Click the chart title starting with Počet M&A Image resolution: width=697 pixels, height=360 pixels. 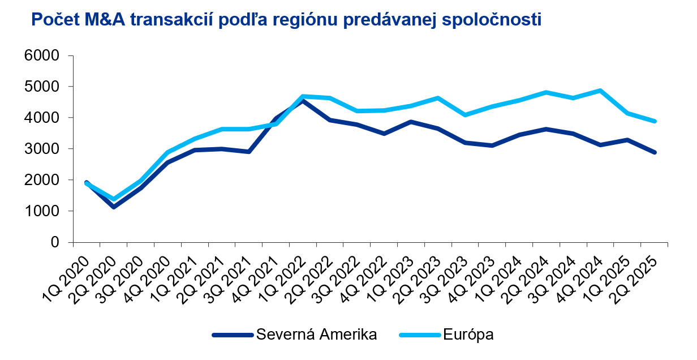tap(286, 20)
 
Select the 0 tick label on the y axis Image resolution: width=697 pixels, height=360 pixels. tap(55, 242)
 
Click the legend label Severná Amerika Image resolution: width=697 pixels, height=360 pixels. tap(316, 334)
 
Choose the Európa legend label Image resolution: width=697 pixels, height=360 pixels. tap(470, 334)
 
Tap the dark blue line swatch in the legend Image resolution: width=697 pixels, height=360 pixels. tap(231, 335)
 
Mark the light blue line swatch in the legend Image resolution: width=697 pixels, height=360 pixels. tap(419, 335)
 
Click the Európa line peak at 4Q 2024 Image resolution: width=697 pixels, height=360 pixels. tap(600, 91)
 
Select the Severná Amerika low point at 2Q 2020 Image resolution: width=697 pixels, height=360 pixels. tap(114, 207)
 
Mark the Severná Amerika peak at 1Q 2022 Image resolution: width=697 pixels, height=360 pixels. tap(303, 101)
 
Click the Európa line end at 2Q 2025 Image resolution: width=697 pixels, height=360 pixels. tap(655, 121)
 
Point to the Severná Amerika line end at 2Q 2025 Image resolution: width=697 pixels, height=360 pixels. tap(655, 152)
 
